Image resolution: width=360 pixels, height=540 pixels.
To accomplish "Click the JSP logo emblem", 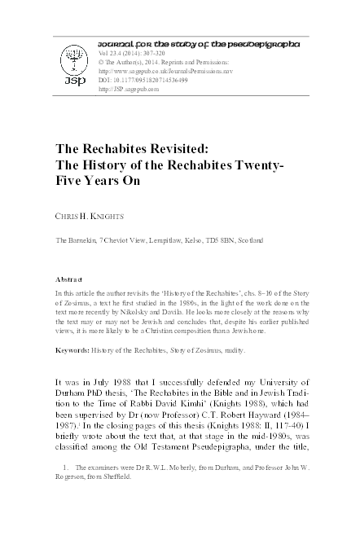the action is click(x=69, y=66).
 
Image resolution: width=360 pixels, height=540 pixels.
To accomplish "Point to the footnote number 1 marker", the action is click(x=64, y=491).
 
